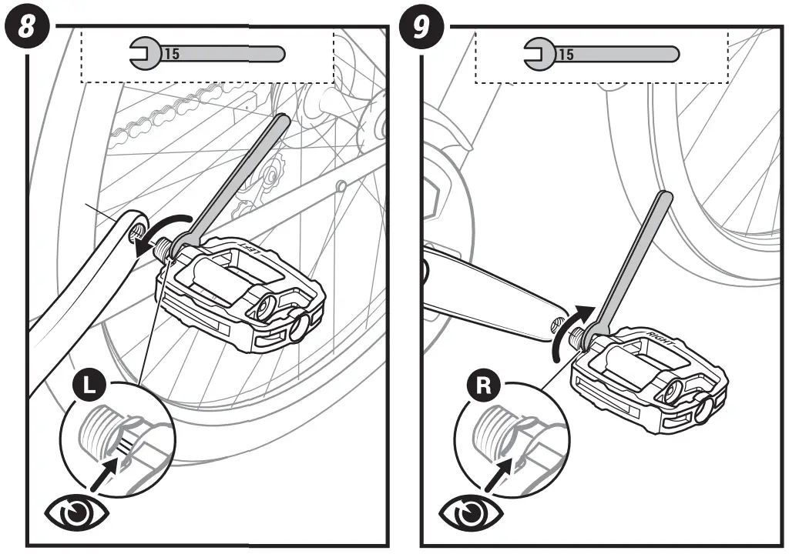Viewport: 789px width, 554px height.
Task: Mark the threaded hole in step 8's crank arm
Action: (136, 229)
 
